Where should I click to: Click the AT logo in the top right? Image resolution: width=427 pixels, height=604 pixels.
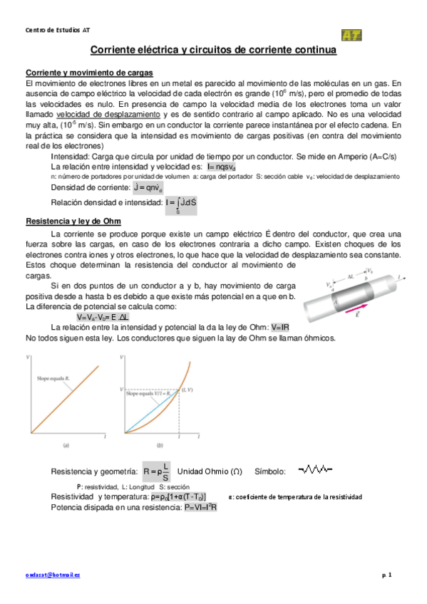351,35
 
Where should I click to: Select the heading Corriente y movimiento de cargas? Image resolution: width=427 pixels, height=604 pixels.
88,73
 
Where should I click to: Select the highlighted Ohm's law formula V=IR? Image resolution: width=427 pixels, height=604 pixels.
280,326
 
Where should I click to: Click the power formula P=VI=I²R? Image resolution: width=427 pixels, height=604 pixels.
200,506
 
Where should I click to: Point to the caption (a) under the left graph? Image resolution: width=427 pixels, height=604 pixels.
66,445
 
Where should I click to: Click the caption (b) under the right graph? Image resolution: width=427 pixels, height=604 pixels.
160,445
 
